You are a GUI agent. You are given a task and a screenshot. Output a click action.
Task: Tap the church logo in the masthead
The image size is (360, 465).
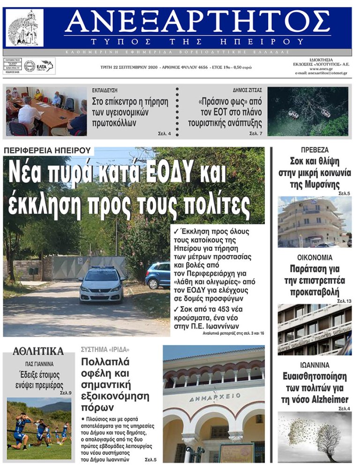tap(25, 28)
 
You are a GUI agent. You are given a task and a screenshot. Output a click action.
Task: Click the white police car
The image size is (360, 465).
tap(102, 284)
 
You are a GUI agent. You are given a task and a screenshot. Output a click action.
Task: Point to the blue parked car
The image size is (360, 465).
tap(157, 275)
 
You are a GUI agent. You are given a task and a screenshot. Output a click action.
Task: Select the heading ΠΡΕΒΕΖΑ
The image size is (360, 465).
tap(315, 150)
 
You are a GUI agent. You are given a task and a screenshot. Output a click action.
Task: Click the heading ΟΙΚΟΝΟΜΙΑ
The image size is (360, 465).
tap(315, 258)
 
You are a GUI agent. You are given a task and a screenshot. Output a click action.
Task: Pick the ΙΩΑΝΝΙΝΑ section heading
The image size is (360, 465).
tap(315, 365)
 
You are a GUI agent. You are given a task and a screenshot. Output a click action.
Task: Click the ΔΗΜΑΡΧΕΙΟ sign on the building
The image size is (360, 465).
tap(214, 398)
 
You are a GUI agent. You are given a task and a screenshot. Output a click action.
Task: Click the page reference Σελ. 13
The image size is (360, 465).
tap(344, 301)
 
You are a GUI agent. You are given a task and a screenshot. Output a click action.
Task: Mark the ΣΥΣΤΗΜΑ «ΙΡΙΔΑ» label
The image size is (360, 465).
tap(105, 350)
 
